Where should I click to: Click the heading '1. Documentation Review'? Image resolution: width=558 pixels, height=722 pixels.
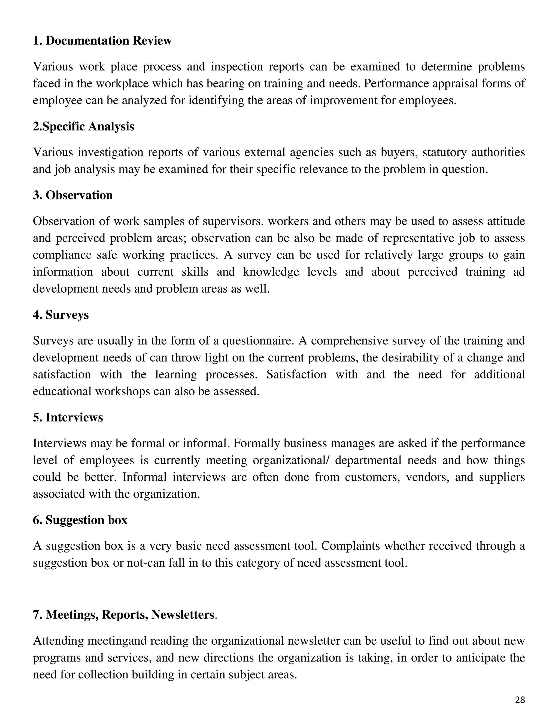[x=102, y=41]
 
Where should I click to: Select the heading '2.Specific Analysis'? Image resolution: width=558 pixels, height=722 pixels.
[x=83, y=126]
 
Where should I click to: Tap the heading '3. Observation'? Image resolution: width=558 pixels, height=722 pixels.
[x=73, y=195]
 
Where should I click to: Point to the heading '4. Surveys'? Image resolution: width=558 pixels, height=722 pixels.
[x=61, y=315]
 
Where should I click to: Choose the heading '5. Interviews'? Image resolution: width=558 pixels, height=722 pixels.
[x=68, y=417]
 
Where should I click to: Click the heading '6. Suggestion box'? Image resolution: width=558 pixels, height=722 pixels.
[x=80, y=520]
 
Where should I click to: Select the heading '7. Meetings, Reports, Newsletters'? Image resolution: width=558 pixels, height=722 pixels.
[x=124, y=615]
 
